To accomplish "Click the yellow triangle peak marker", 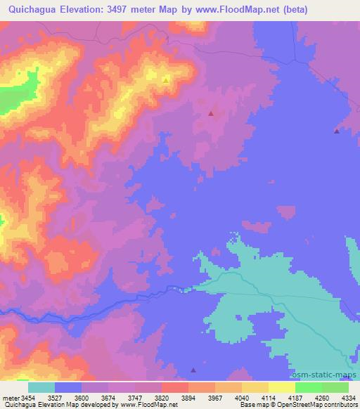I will point(166,80).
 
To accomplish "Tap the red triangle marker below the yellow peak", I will point(211,112).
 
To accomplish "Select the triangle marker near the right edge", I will point(337,131).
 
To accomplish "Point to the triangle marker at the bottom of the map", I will point(194,370).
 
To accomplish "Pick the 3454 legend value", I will point(27,397).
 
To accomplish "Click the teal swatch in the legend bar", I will point(41,387).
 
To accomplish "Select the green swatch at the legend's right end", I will point(335,387).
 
